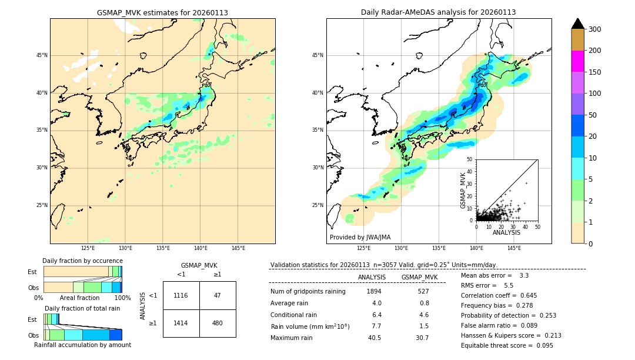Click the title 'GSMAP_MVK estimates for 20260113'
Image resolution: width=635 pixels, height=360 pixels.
pyautogui.click(x=162, y=12)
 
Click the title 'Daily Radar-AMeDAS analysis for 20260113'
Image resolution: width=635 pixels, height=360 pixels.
pyautogui.click(x=438, y=12)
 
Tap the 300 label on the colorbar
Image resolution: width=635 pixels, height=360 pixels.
pyautogui.click(x=594, y=29)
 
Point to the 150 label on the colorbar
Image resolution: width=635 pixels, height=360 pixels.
pyautogui.click(x=594, y=72)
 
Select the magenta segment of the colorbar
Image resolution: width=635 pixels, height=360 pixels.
pyautogui.click(x=577, y=61)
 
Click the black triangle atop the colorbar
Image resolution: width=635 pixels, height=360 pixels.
pyautogui.click(x=577, y=24)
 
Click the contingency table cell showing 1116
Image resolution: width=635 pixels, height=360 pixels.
pyautogui.click(x=181, y=295)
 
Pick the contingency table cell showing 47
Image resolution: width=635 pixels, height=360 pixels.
pyautogui.click(x=218, y=295)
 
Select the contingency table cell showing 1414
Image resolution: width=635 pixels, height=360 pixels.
pyautogui.click(x=181, y=323)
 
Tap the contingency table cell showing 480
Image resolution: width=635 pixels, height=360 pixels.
pyautogui.click(x=218, y=323)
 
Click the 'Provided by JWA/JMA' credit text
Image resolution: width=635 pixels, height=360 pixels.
pyautogui.click(x=360, y=238)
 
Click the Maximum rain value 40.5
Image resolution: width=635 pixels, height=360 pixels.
pyautogui.click(x=375, y=338)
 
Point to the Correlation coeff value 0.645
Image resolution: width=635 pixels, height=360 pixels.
pyautogui.click(x=523, y=295)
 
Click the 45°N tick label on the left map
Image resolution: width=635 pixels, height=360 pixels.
pyautogui.click(x=42, y=55)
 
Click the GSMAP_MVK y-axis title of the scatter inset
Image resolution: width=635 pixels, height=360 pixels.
pyautogui.click(x=463, y=190)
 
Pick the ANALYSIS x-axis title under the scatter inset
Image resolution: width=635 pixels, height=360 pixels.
pyautogui.click(x=506, y=232)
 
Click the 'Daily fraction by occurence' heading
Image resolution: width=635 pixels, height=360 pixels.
pyautogui.click(x=82, y=261)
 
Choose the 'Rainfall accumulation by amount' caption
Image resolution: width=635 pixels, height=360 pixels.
pyautogui.click(x=82, y=345)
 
